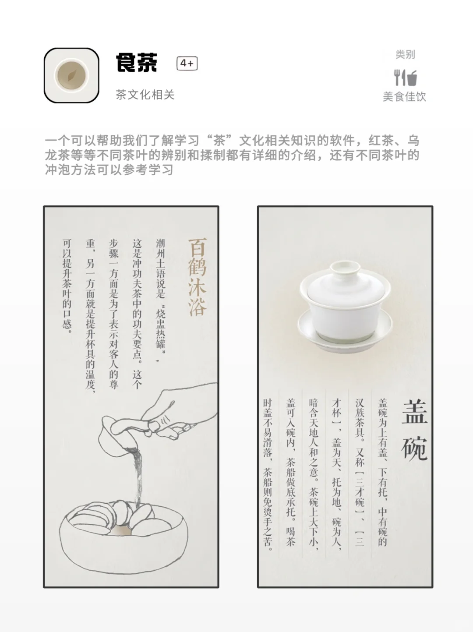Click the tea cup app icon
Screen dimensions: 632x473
71,75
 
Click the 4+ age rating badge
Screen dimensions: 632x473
187,64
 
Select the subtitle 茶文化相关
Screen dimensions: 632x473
145,95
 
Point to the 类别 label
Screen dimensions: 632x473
405,55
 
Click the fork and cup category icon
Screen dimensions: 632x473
405,78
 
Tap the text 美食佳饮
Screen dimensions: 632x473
404,97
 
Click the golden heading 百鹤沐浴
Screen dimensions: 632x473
197,277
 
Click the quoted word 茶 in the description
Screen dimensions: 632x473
219,141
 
